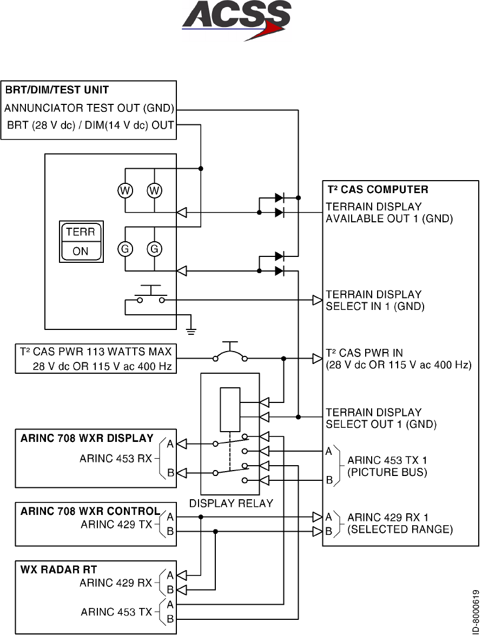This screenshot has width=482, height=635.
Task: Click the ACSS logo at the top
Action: click(x=236, y=20)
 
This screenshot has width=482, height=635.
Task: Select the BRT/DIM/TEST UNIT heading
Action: click(x=57, y=90)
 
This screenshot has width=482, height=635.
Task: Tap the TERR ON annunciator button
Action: click(x=81, y=242)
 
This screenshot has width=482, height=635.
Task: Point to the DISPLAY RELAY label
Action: click(x=231, y=504)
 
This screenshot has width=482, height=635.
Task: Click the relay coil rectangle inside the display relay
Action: click(x=230, y=409)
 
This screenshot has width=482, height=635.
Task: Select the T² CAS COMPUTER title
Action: click(x=378, y=189)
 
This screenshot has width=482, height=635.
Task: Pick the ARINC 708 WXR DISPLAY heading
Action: click(x=87, y=438)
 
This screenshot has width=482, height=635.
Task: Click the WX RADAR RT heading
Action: click(x=59, y=570)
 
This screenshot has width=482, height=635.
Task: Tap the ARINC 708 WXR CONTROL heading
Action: click(x=90, y=511)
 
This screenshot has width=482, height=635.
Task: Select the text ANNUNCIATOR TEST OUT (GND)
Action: click(x=89, y=108)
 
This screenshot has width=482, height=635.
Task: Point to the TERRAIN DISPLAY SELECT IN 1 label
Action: click(x=375, y=300)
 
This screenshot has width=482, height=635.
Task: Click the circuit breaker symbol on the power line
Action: click(x=230, y=352)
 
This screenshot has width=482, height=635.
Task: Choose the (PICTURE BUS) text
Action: click(x=387, y=472)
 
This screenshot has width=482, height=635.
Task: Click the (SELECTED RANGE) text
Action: click(x=400, y=530)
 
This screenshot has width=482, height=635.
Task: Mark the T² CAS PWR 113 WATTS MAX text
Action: click(x=96, y=351)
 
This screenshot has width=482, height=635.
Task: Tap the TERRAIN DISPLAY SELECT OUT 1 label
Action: click(x=381, y=418)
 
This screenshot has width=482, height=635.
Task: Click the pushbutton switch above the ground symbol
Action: click(x=151, y=294)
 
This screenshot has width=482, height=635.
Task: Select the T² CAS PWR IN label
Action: click(x=365, y=353)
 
